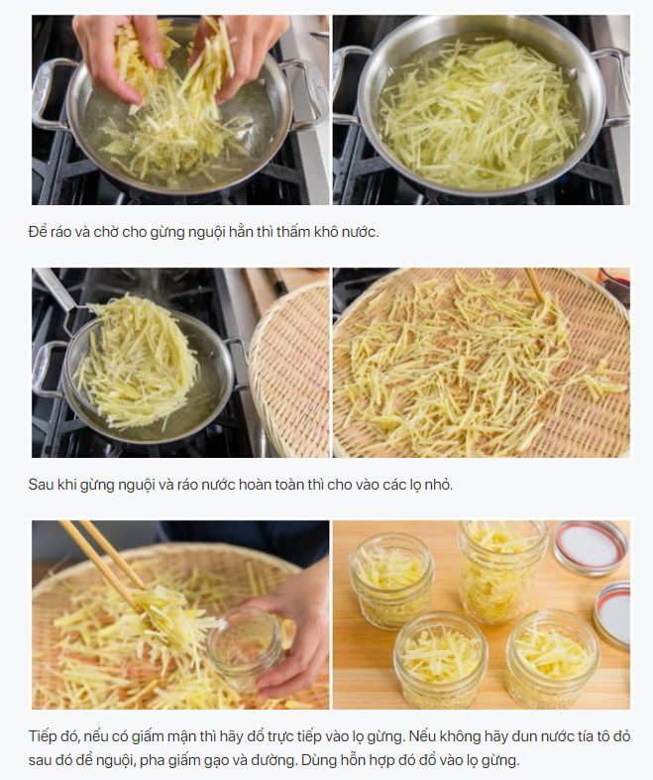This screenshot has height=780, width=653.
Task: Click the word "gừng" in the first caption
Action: (167, 232)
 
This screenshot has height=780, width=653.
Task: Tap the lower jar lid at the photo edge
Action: (612, 614)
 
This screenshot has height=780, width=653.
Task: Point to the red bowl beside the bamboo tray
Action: (614, 283)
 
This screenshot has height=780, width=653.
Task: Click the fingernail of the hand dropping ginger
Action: (158, 60)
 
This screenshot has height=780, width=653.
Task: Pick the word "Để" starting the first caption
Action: (38, 232)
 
